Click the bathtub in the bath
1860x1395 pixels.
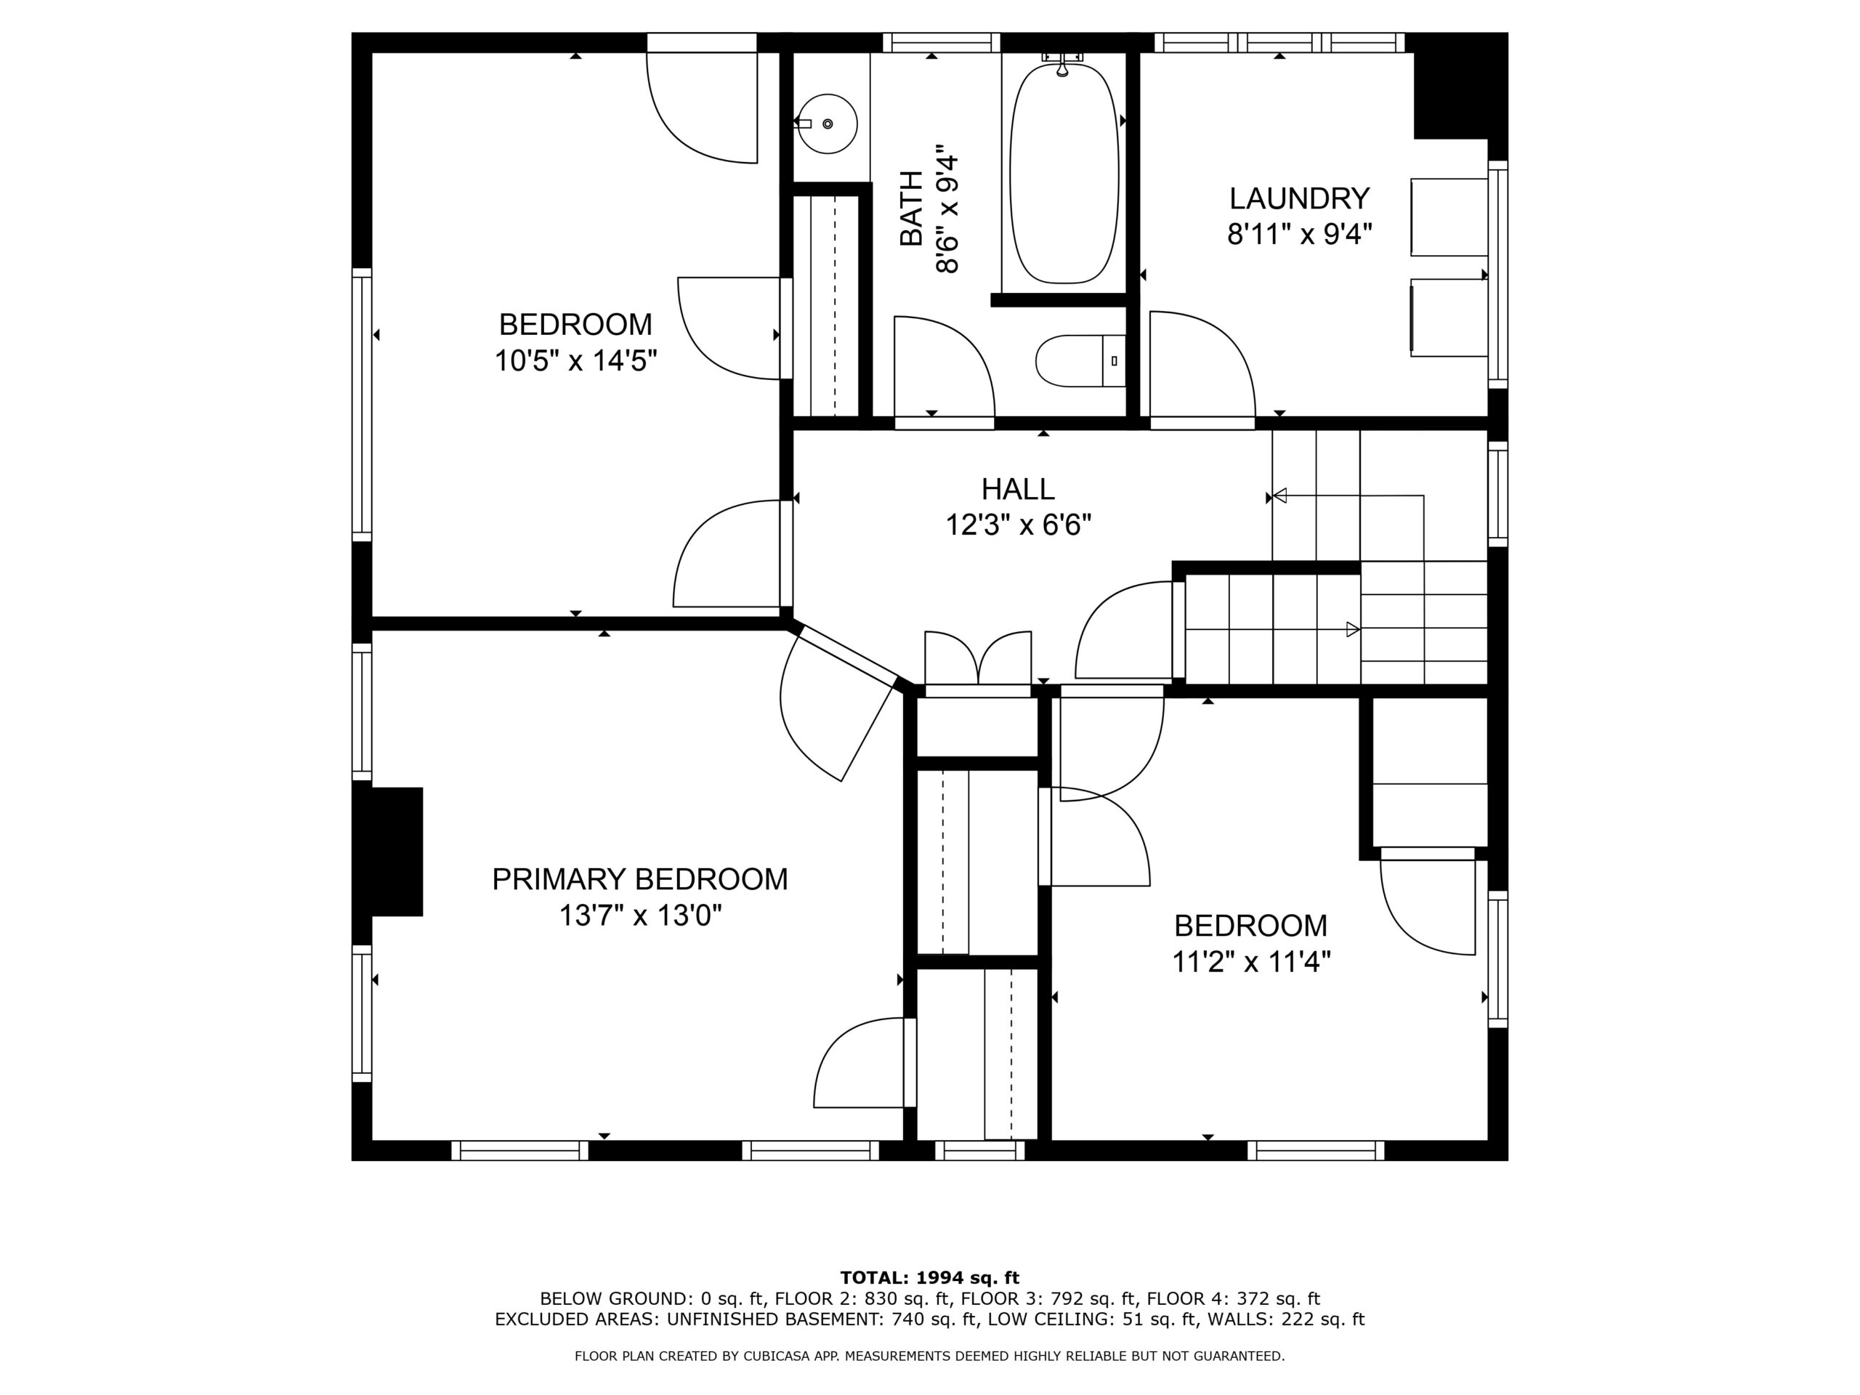pyautogui.click(x=1064, y=173)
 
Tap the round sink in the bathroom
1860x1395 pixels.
pyautogui.click(x=828, y=124)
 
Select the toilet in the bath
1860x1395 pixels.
pyautogui.click(x=1080, y=360)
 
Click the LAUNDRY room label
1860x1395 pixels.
pyautogui.click(x=1299, y=198)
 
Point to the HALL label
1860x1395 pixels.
pyautogui.click(x=1017, y=488)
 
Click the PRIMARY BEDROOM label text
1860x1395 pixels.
pyautogui.click(x=640, y=878)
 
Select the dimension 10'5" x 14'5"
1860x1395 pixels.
pyautogui.click(x=575, y=360)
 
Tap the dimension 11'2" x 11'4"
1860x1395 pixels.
pyautogui.click(x=1251, y=961)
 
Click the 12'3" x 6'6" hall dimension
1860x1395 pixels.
pyautogui.click(x=1019, y=525)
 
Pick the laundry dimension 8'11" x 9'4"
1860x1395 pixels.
pyautogui.click(x=1299, y=234)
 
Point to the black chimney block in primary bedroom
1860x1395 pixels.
pyautogui.click(x=397, y=852)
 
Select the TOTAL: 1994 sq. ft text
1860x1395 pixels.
pyautogui.click(x=929, y=1278)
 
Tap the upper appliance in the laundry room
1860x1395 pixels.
pyautogui.click(x=1449, y=217)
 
